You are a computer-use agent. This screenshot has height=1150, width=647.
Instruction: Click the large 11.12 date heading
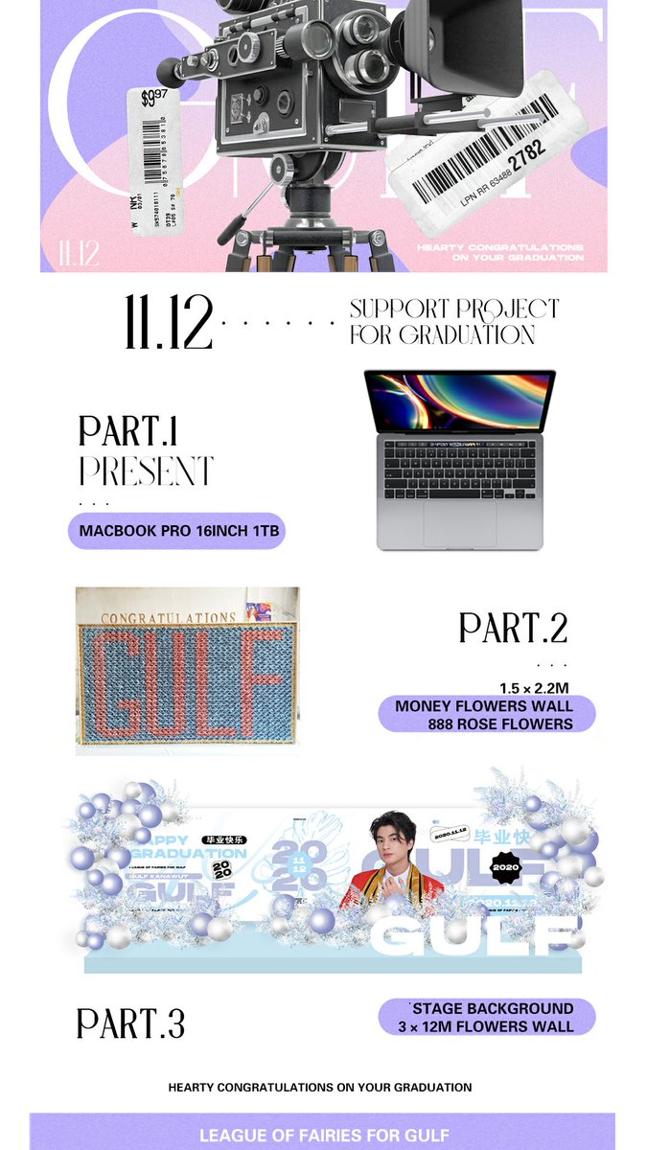pyautogui.click(x=169, y=323)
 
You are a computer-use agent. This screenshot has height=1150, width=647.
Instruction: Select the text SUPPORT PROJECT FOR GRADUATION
pyautogui.click(x=453, y=322)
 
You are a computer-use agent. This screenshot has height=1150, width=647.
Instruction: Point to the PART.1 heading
pyautogui.click(x=128, y=431)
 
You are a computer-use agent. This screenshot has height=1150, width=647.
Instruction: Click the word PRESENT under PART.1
pyautogui.click(x=146, y=471)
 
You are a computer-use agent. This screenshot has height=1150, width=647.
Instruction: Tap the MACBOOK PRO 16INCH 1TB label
pyautogui.click(x=176, y=530)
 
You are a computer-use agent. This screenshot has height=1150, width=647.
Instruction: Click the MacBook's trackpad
pyautogui.click(x=459, y=523)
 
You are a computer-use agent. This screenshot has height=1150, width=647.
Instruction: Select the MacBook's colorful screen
pyautogui.click(x=459, y=402)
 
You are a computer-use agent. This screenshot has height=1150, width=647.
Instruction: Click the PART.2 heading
pyautogui.click(x=513, y=628)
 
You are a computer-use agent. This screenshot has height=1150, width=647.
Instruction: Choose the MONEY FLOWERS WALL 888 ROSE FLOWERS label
pyautogui.click(x=486, y=715)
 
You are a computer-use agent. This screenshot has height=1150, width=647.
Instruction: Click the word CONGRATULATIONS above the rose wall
pyautogui.click(x=169, y=618)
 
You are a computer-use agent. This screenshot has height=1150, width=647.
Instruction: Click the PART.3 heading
pyautogui.click(x=130, y=1023)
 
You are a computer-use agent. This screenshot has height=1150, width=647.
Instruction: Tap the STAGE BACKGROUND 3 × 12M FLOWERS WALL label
pyautogui.click(x=487, y=1018)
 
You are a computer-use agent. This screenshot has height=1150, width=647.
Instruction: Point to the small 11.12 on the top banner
pyautogui.click(x=79, y=253)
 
